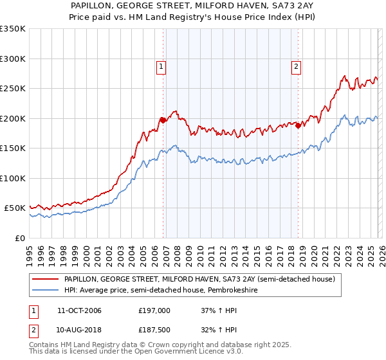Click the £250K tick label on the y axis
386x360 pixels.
click(13, 88)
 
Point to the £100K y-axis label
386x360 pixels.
click(13, 178)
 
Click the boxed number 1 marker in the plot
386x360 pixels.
click(160, 65)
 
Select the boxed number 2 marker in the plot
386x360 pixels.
click(296, 65)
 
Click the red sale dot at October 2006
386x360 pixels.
click(163, 120)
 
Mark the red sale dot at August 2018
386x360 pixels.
click(298, 126)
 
